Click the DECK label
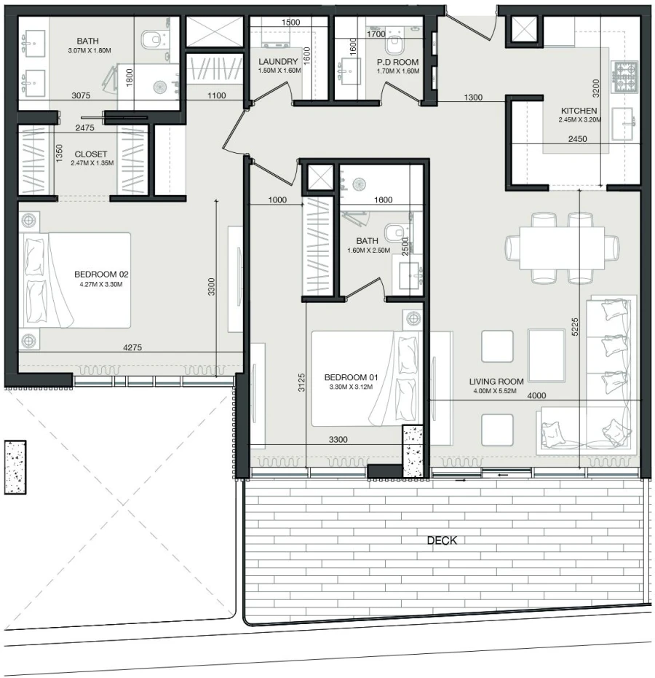[442, 540]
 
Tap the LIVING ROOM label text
[496, 381]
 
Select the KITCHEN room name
[579, 111]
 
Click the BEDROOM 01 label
[352, 377]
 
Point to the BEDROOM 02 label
[101, 275]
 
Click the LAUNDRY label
[277, 62]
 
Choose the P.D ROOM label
[398, 63]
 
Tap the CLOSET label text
[90, 154]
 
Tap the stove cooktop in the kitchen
[627, 73]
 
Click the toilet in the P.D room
[397, 44]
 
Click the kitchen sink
[625, 122]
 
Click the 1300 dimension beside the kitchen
[472, 97]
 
